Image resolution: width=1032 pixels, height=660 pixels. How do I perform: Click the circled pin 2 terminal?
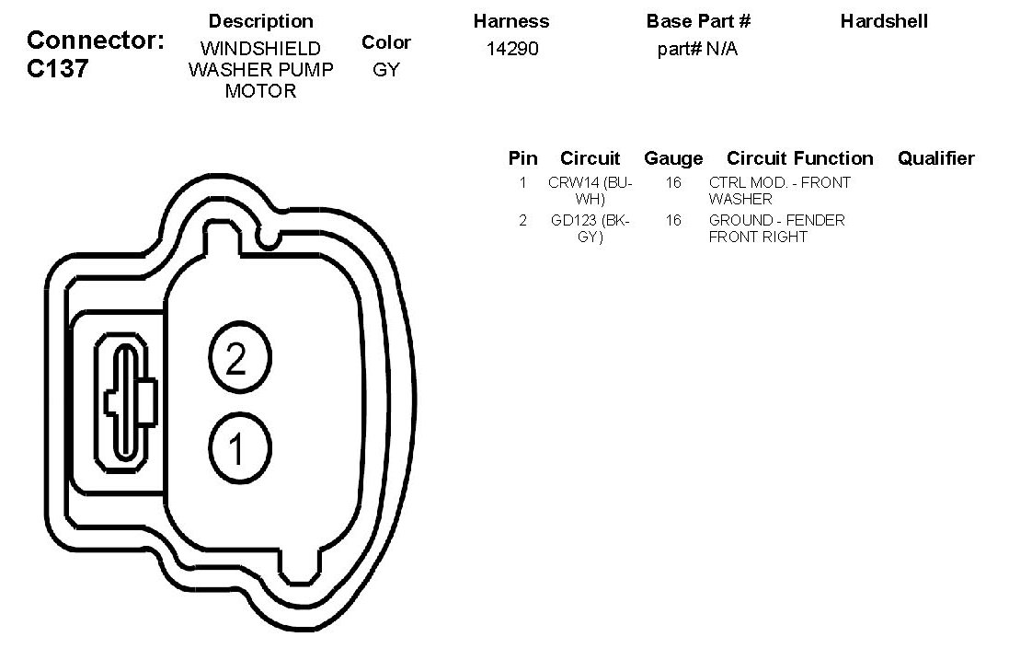click(239, 358)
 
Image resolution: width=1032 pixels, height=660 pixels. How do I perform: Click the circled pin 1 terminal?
click(239, 448)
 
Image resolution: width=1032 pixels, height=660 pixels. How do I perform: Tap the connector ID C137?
click(57, 68)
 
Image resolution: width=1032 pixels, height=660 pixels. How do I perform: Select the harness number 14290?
click(512, 49)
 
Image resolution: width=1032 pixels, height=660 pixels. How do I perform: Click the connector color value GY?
click(385, 70)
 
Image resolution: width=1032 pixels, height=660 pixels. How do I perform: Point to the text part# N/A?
click(697, 50)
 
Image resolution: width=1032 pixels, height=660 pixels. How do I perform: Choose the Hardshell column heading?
click(884, 21)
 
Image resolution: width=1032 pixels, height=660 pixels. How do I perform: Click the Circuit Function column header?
click(799, 158)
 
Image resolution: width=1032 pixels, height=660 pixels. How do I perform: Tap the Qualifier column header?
click(936, 158)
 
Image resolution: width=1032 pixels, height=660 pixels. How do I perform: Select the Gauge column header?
click(673, 158)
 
